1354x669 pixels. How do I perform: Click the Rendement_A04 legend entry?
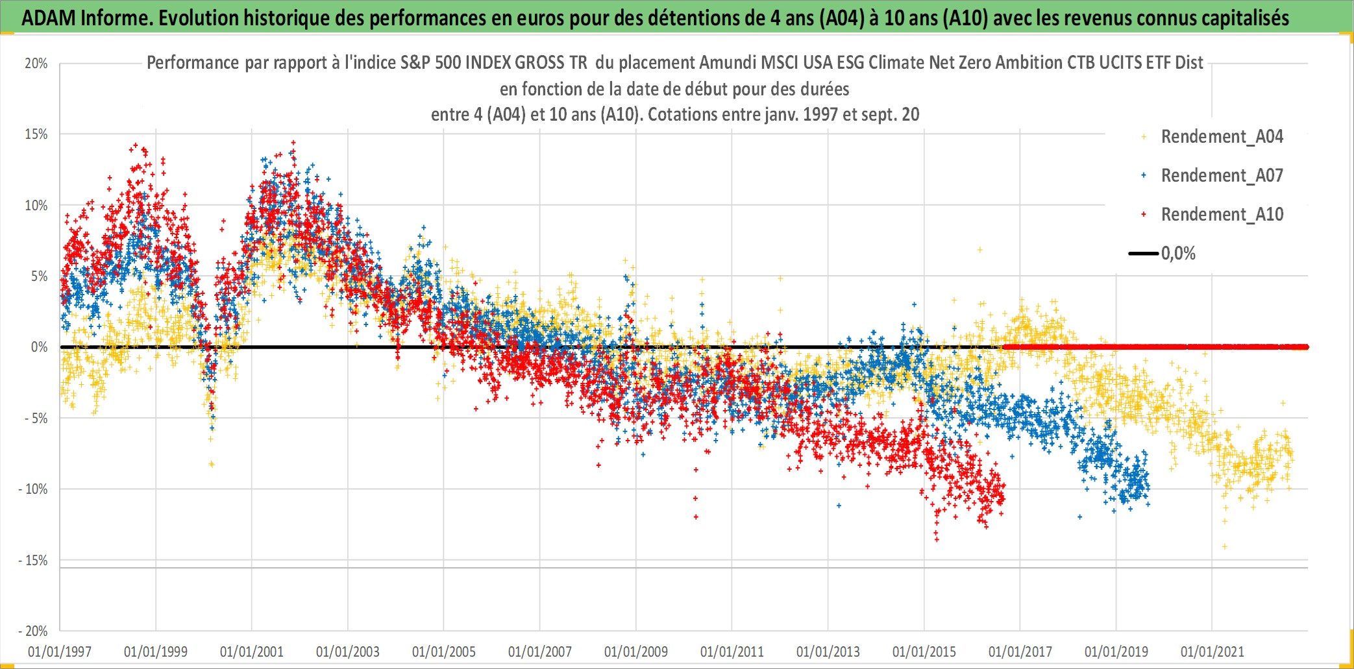pos(1212,137)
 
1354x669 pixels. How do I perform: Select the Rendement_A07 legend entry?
pos(1212,176)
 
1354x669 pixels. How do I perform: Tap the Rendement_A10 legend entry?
pos(1212,215)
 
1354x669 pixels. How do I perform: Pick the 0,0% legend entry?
pos(1163,254)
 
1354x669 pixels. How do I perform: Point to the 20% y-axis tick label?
pos(36,64)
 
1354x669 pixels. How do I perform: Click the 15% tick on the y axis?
pos(36,134)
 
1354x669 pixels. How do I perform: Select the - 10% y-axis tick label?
pos(33,489)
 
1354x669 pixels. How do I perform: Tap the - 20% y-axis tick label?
pos(33,631)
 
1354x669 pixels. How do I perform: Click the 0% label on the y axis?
pos(40,347)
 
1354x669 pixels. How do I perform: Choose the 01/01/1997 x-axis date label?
pos(60,651)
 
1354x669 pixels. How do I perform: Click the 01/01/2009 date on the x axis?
pos(636,651)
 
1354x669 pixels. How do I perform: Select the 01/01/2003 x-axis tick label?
pos(348,651)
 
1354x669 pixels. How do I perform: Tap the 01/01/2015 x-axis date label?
pos(924,651)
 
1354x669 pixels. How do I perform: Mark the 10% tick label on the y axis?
pos(36,206)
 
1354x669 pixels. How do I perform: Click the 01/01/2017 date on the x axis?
pos(1020,651)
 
